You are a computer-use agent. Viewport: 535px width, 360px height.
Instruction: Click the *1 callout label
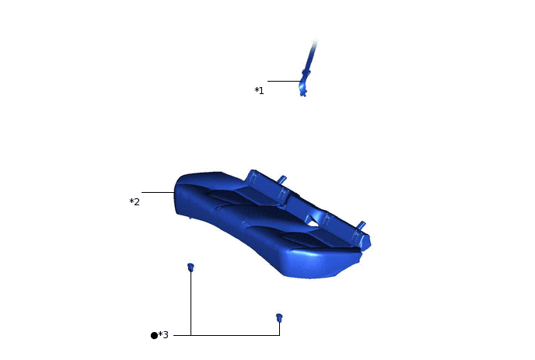pos(259,91)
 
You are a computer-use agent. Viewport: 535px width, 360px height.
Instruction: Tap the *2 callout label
pos(135,202)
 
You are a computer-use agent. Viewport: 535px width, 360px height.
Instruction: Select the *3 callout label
pos(163,335)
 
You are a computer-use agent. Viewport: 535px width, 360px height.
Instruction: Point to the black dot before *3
pos(154,335)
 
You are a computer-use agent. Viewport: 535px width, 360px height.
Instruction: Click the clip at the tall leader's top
pos(191,267)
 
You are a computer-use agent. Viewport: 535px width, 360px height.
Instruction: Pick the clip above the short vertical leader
pos(279,317)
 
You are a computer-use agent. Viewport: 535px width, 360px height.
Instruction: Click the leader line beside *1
pos(283,81)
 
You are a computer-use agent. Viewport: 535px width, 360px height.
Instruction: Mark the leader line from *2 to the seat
pos(158,192)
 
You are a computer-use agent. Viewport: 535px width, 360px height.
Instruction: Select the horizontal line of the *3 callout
pos(233,335)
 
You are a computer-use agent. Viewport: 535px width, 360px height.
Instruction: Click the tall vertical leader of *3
pos(191,303)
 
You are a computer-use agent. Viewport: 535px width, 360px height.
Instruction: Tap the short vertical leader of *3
pos(279,328)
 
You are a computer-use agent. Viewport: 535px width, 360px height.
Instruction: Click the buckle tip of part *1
pos(303,90)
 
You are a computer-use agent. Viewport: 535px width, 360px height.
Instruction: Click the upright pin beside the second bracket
pos(283,180)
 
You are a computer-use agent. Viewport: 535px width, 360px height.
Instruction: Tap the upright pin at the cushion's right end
pos(361,225)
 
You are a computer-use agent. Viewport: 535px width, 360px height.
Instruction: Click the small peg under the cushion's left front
pos(190,218)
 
